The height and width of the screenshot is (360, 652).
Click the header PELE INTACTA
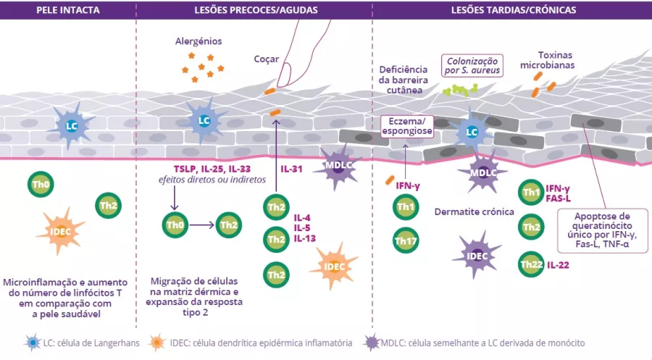tap(67, 9)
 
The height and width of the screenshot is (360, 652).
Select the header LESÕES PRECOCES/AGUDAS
tap(254, 9)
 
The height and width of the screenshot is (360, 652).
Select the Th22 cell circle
tap(531, 264)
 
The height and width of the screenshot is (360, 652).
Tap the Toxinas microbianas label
tap(557, 60)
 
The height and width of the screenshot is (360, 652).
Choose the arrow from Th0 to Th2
tap(200, 225)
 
